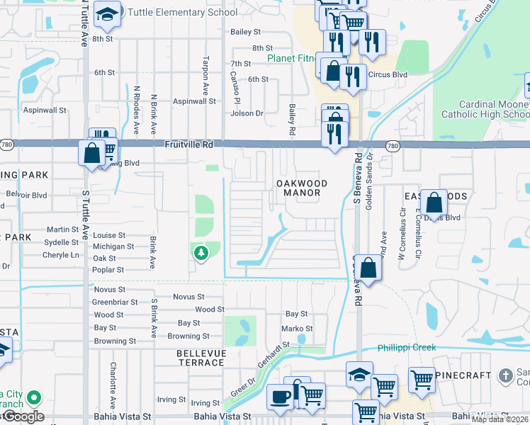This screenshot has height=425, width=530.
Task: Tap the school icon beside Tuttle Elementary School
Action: [x=107, y=15]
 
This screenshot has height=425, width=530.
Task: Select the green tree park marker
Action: [x=201, y=251]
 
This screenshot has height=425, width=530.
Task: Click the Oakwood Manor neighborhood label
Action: [x=301, y=188]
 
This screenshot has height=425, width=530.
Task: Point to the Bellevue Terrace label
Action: [x=201, y=358]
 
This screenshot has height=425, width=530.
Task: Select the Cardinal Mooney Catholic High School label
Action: [x=486, y=109]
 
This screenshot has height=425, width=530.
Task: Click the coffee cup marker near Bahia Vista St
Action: [x=280, y=396]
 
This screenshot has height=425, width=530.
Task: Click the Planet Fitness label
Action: [x=291, y=58]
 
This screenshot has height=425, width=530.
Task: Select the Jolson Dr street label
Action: [x=247, y=113]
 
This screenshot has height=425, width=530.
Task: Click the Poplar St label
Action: [x=108, y=270]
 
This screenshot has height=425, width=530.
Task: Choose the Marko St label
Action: [x=297, y=329]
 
